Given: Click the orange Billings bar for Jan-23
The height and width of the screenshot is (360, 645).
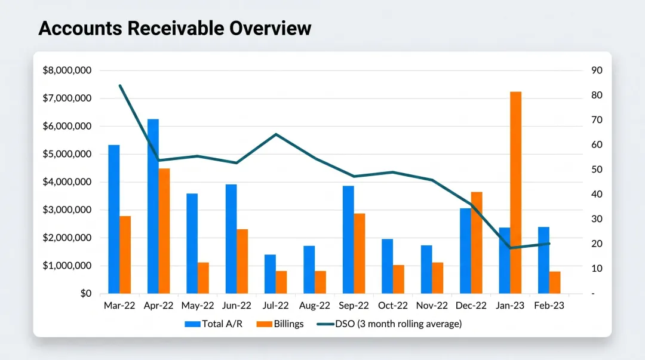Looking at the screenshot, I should [515, 192].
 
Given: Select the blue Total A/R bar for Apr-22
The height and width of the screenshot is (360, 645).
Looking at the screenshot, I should [153, 206].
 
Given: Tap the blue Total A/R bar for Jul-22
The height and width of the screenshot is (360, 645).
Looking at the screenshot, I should [270, 274].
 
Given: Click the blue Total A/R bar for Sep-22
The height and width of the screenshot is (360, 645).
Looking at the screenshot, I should [348, 239].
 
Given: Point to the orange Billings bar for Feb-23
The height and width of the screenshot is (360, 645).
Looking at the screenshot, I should [555, 282].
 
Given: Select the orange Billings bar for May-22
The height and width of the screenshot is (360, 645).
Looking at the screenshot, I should [203, 278].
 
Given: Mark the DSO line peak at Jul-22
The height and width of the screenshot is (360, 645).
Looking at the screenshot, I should [276, 134].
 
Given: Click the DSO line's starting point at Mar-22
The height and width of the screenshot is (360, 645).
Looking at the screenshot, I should [120, 86].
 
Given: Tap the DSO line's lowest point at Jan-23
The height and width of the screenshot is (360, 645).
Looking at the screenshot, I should [510, 247].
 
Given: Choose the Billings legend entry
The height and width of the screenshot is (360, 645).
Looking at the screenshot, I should [281, 324].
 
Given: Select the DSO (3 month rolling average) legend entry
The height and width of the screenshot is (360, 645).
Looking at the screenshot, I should [389, 324].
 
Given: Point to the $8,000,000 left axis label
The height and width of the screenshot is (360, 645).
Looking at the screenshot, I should [67, 70].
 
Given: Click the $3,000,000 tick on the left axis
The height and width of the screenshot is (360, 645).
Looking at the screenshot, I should [67, 210].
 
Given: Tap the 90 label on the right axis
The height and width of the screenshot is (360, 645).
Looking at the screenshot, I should [597, 70].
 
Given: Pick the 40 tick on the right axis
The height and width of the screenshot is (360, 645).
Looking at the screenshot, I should [597, 195].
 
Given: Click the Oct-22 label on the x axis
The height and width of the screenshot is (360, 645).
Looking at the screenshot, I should [393, 306].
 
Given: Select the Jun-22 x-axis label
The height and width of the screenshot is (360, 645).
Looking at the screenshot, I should [236, 306].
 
